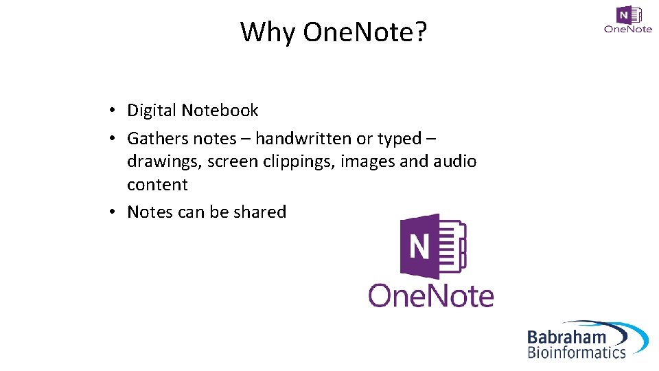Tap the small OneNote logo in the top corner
tap(628, 20)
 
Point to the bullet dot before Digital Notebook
tap(111, 111)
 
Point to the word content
tap(157, 185)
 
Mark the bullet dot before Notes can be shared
tap(111, 213)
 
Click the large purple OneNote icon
tap(432, 245)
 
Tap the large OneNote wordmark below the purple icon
tap(431, 295)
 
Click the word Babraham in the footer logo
tap(566, 337)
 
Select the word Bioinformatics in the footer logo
tap(577, 353)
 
